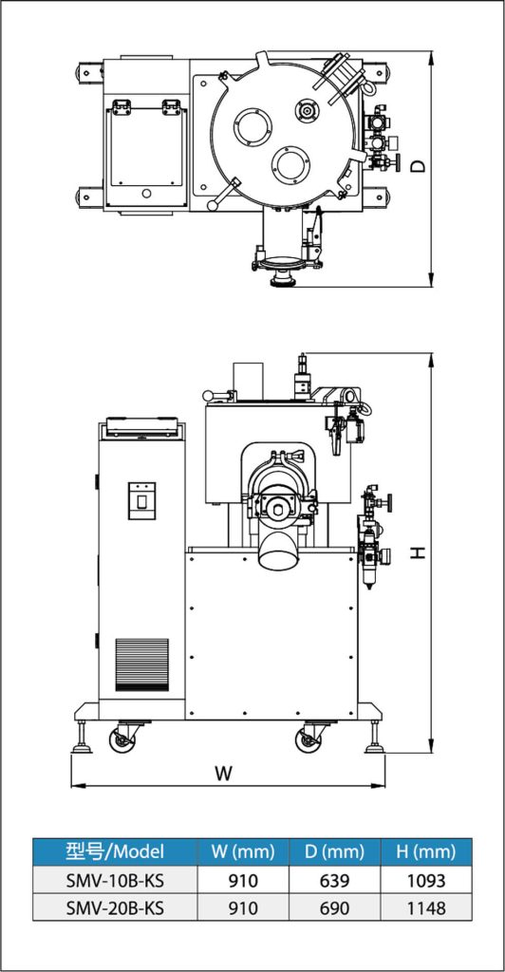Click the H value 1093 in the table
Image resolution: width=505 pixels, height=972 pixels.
click(425, 879)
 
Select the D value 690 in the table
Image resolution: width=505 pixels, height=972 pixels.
click(335, 908)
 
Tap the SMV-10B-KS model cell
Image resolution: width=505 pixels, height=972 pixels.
click(115, 879)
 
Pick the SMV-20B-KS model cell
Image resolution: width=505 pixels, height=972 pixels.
click(115, 908)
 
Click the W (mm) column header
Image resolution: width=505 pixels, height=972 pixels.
click(243, 851)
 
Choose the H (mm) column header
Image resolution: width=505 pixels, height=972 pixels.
click(425, 851)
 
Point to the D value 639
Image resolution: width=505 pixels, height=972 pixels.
click(335, 879)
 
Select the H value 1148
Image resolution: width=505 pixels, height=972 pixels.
click(425, 908)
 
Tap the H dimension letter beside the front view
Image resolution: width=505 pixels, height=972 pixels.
click(420, 551)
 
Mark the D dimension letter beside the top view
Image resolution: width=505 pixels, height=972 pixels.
click(420, 165)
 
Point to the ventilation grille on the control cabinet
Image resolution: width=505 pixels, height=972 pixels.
click(141, 664)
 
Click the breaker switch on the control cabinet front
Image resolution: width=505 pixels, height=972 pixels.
click(141, 500)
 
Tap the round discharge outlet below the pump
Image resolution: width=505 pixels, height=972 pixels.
click(278, 551)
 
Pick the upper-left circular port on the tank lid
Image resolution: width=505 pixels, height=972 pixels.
click(252, 127)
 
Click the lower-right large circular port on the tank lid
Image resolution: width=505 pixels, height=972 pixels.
click(290, 165)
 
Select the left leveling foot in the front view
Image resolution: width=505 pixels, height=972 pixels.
click(82, 737)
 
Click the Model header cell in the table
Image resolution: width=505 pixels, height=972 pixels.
click(115, 851)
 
